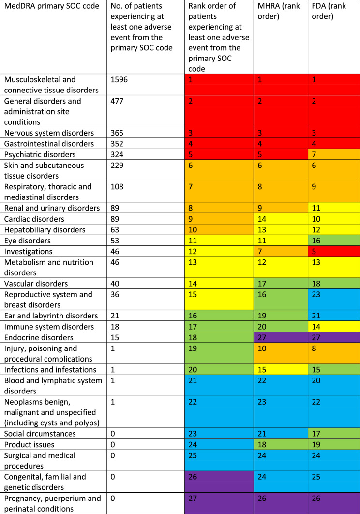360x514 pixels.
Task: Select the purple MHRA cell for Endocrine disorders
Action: (x=264, y=337)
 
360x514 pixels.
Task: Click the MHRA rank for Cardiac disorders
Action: (x=264, y=219)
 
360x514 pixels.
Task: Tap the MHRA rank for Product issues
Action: (x=264, y=444)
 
